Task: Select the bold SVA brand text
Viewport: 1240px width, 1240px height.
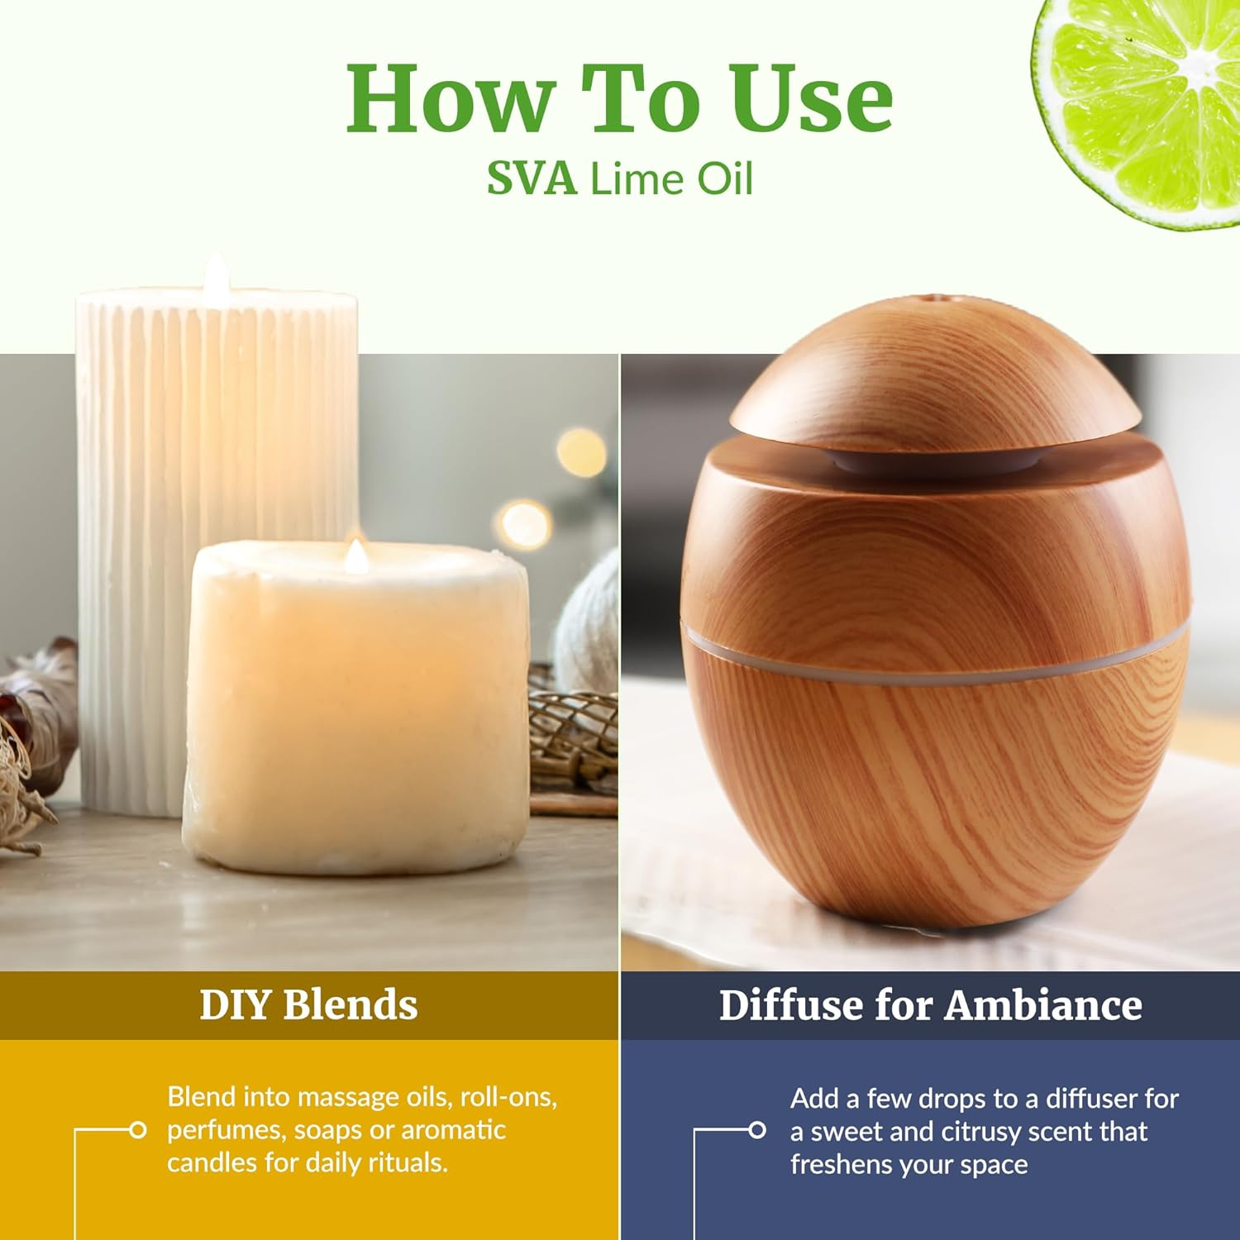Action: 532,179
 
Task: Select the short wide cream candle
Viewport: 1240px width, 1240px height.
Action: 355,711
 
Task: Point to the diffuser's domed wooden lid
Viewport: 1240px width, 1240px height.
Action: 934,372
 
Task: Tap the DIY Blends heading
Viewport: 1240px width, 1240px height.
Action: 308,1005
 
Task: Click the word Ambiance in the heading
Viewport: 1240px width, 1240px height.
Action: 1042,1005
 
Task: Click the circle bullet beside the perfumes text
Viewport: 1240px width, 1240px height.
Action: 138,1129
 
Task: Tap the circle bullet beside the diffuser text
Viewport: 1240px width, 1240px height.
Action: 756,1130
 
